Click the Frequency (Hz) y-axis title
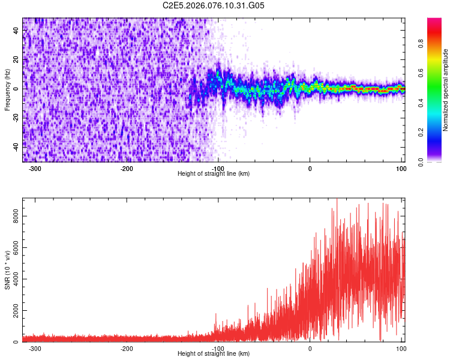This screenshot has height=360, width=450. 7,89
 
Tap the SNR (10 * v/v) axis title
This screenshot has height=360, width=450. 7,270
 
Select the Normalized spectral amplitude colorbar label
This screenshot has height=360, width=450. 446,90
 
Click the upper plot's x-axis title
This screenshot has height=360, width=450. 214,173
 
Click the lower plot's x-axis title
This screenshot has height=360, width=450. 214,353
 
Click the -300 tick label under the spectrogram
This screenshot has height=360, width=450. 35,168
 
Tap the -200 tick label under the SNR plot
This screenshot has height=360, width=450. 126,348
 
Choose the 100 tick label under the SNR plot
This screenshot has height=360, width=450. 401,348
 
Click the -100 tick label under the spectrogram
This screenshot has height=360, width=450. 218,168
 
